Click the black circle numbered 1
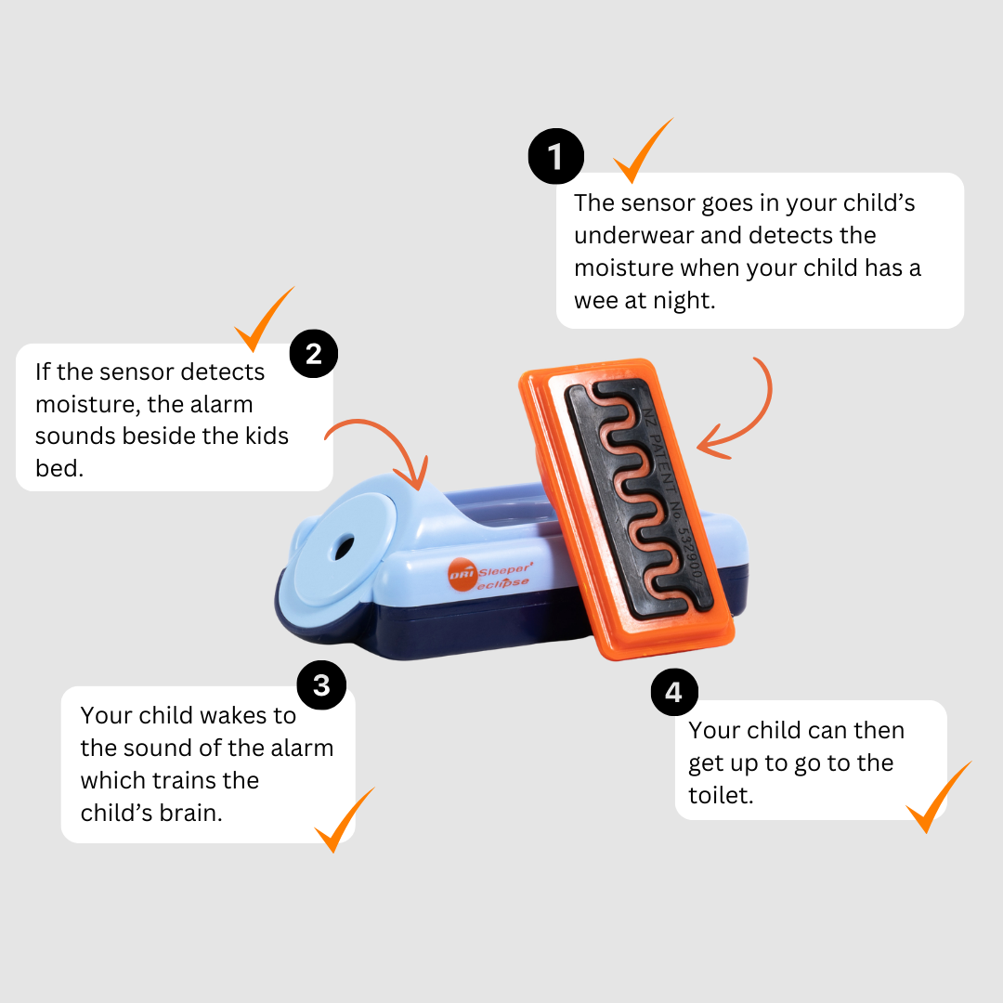[556, 156]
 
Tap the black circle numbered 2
[314, 354]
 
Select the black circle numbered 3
[321, 685]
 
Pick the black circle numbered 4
[674, 692]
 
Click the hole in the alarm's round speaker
[344, 547]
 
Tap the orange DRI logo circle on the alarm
[462, 575]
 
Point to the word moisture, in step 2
[87, 404]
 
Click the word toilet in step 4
[721, 795]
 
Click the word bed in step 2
[59, 468]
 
